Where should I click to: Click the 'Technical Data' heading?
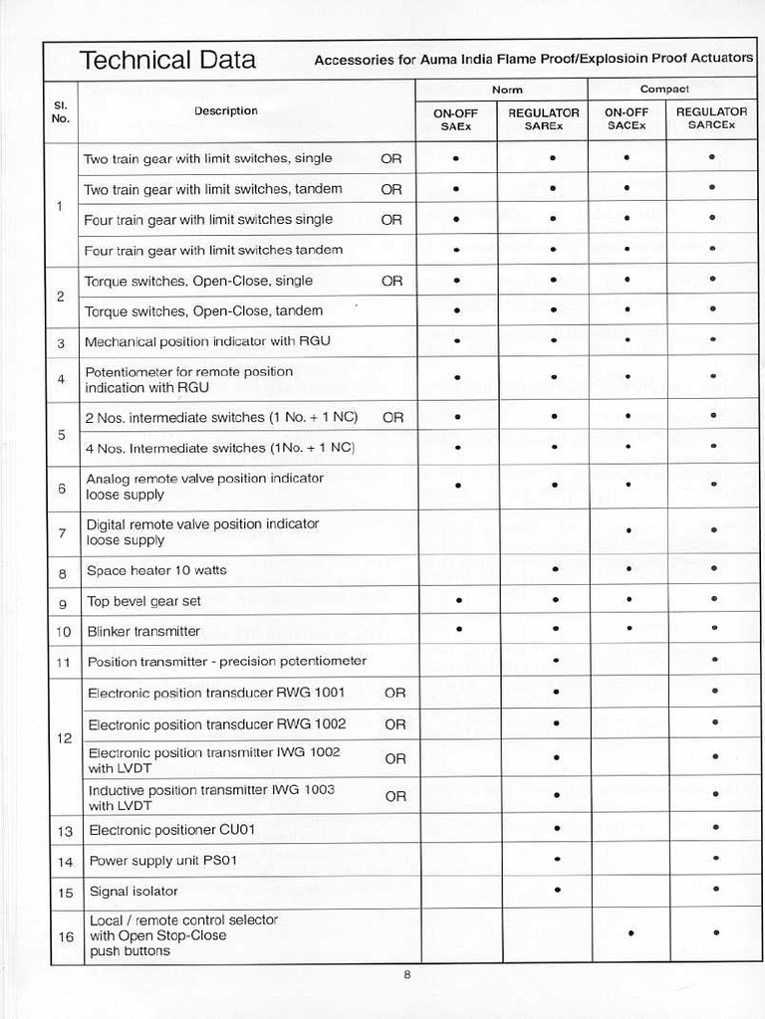[166, 61]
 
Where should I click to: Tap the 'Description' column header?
[226, 111]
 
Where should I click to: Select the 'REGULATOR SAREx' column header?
[544, 119]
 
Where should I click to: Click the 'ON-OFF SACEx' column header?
[627, 119]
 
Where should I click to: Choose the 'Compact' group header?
[664, 90]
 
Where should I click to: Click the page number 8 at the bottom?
[406, 974]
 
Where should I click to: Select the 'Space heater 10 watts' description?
[156, 571]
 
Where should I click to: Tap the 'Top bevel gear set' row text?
[143, 601]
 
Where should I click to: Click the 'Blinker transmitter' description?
[143, 631]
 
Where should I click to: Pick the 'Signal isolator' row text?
[133, 892]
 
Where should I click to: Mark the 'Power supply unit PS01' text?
[163, 861]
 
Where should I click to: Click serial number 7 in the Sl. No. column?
[62, 533]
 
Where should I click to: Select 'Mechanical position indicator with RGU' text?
[207, 341]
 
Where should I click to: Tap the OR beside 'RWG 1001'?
[395, 694]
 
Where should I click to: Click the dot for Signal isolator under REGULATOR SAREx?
[557, 890]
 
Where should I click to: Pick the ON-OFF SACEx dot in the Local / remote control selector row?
[631, 933]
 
